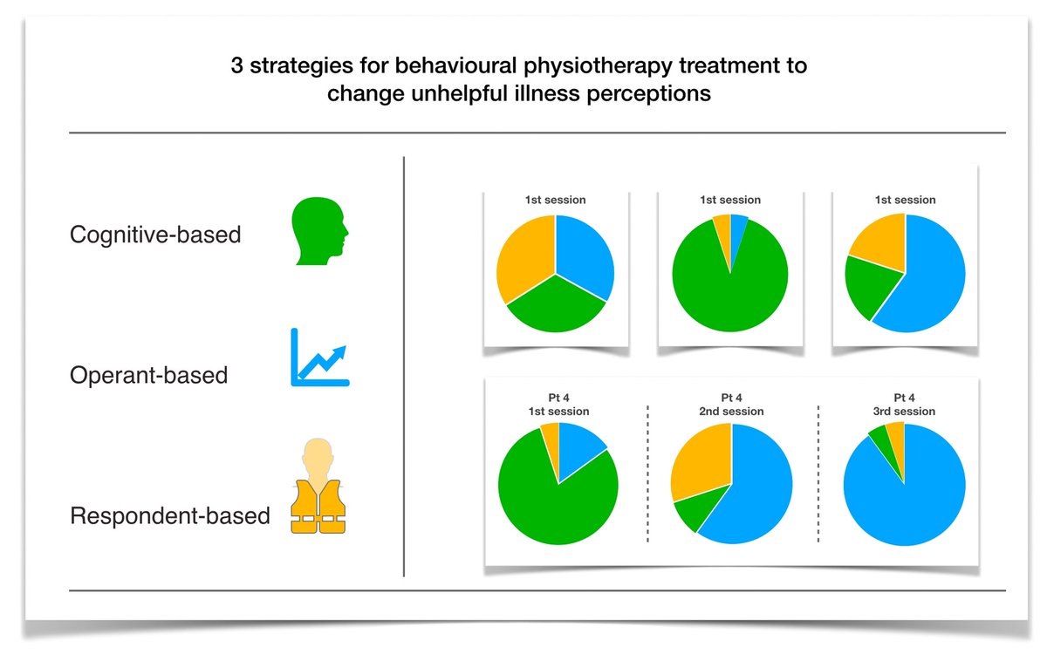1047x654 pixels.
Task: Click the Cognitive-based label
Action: point(155,235)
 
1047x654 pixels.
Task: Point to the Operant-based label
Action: point(148,376)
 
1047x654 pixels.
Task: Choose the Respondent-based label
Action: point(169,515)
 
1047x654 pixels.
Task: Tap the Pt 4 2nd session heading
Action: point(731,405)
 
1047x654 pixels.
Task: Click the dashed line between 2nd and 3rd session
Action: point(818,475)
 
